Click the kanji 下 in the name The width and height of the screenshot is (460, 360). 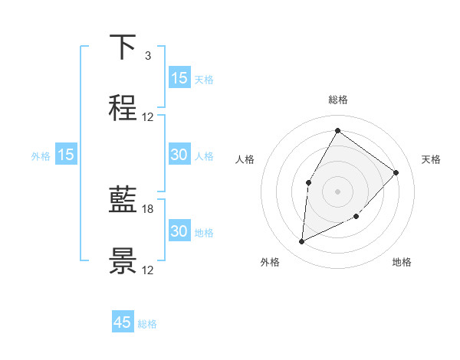coord(123,47)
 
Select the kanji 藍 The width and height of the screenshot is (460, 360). coord(123,201)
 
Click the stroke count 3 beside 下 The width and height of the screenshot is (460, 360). coord(147,56)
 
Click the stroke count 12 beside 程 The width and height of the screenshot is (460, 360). coord(148,117)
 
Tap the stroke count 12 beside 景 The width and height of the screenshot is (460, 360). coord(148,270)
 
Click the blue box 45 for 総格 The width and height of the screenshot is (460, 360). coord(123,322)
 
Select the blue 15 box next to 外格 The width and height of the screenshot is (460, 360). coord(66,155)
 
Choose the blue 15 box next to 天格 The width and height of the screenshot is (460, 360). coord(179,78)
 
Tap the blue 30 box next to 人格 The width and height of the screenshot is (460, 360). coord(179,155)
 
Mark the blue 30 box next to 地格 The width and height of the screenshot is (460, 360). coord(179,231)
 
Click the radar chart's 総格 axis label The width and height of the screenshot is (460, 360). coord(337,100)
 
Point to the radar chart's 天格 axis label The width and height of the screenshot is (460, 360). coord(431,159)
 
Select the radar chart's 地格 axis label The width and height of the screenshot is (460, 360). coord(402,262)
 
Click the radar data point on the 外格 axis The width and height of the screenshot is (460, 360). coord(301,242)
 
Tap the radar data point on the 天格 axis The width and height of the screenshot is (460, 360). coord(396,172)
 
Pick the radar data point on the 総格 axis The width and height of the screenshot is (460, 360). coord(337,130)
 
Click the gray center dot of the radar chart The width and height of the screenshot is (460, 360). coord(337,191)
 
